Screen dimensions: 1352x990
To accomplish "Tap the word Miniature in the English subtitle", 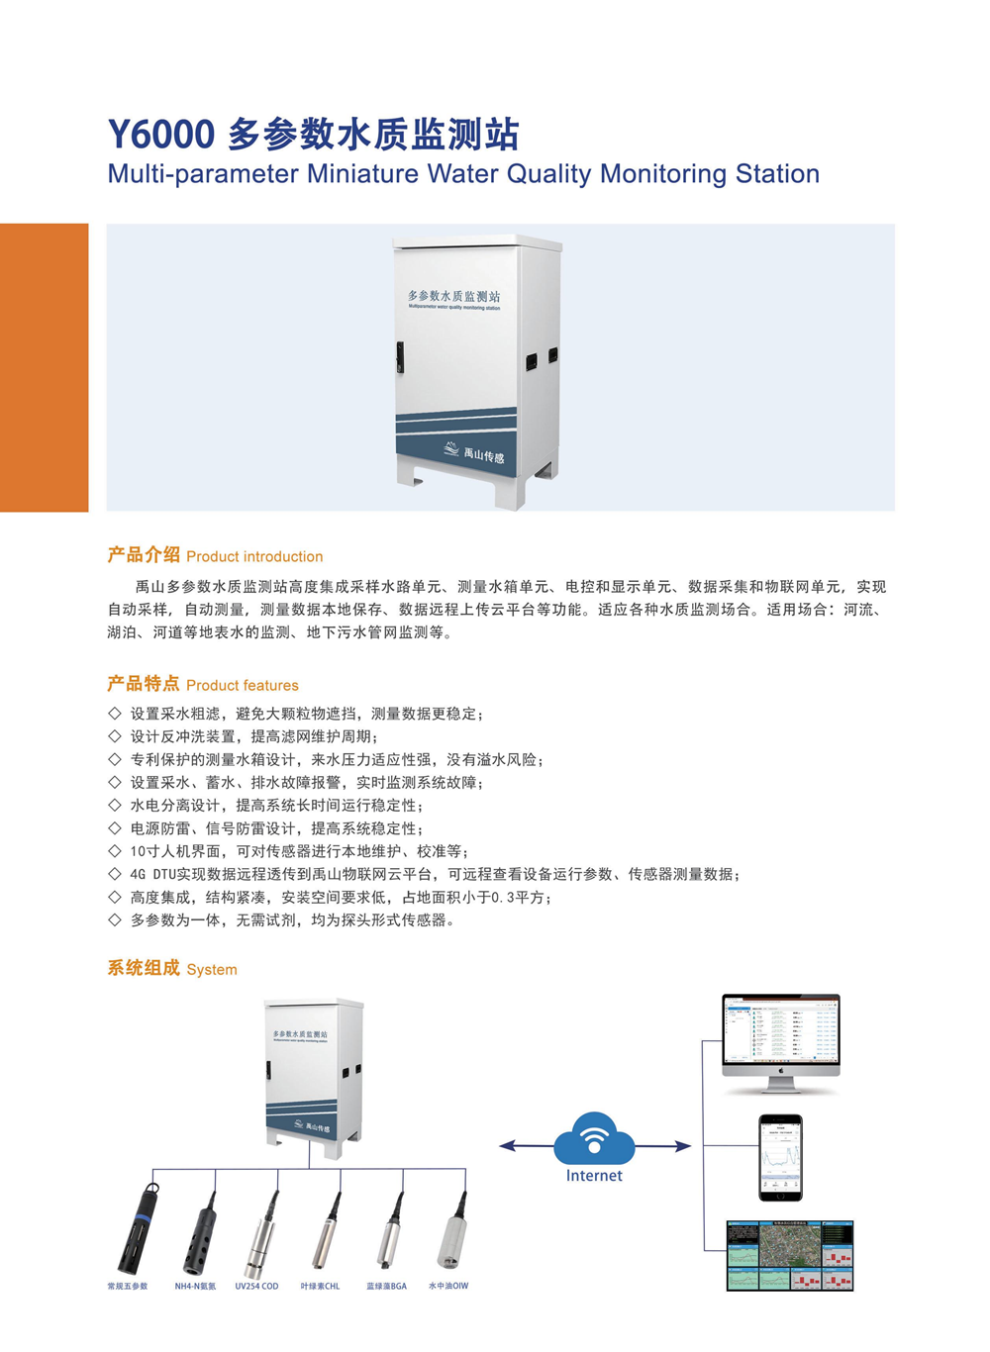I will [362, 174].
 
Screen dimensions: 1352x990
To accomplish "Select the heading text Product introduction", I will [254, 556].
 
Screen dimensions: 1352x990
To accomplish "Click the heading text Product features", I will [243, 685].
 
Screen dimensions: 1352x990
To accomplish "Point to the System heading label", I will [212, 969].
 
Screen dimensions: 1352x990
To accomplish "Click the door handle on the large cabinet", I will [400, 356].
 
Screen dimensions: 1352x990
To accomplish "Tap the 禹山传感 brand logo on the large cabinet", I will [474, 453].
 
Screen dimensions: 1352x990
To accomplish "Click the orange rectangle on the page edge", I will [44, 367].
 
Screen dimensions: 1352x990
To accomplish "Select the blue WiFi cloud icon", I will [594, 1139].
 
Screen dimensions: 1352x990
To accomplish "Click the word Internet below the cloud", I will [594, 1176].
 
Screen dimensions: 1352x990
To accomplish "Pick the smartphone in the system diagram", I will [780, 1157].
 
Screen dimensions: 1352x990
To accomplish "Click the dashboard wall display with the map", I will [790, 1255].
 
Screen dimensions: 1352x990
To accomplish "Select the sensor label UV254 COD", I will [256, 1287].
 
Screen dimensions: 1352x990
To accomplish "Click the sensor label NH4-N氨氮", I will [195, 1287].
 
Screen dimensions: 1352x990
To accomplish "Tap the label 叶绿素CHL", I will [320, 1287].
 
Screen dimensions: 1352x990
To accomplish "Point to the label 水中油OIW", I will [448, 1287].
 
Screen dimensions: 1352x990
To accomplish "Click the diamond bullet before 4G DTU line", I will [115, 874].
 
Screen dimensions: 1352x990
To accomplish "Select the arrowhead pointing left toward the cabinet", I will [507, 1146].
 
